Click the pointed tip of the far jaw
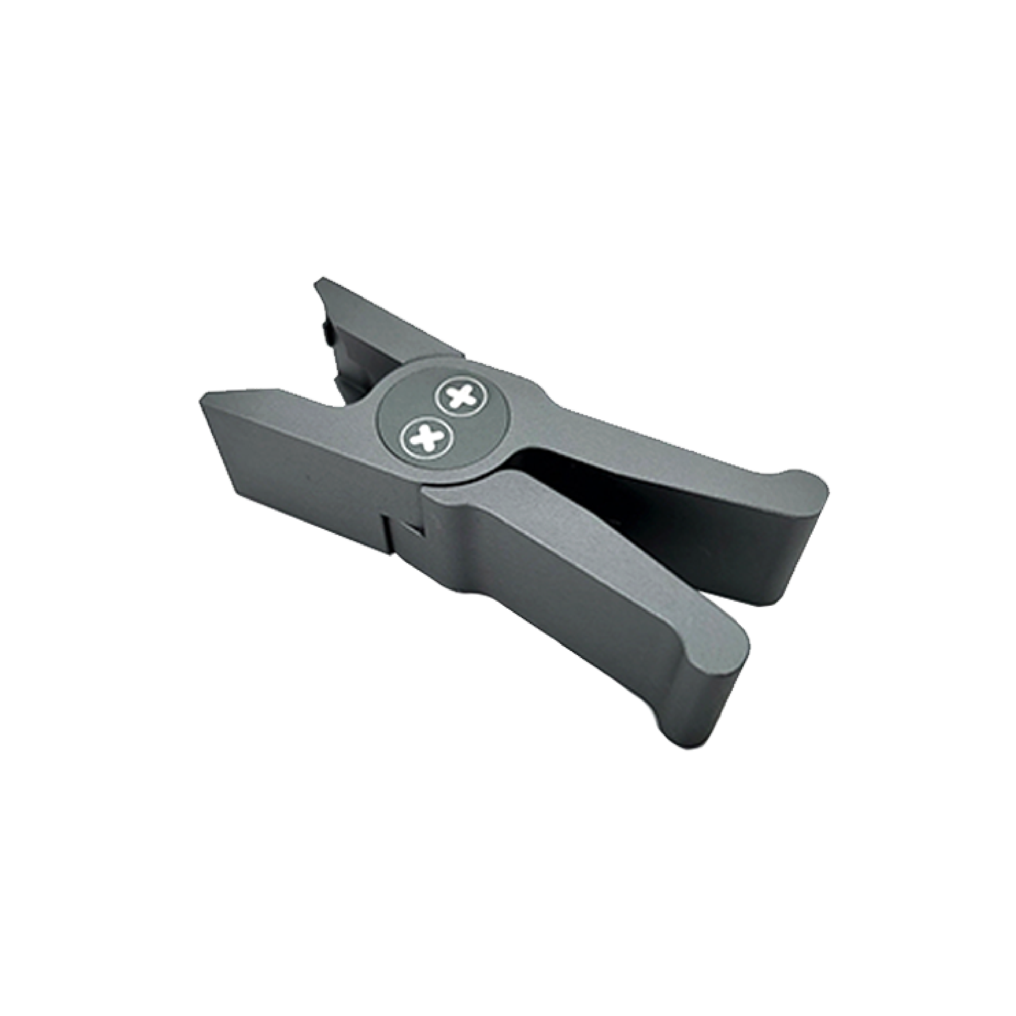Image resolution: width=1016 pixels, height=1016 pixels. pyautogui.click(x=318, y=284)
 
